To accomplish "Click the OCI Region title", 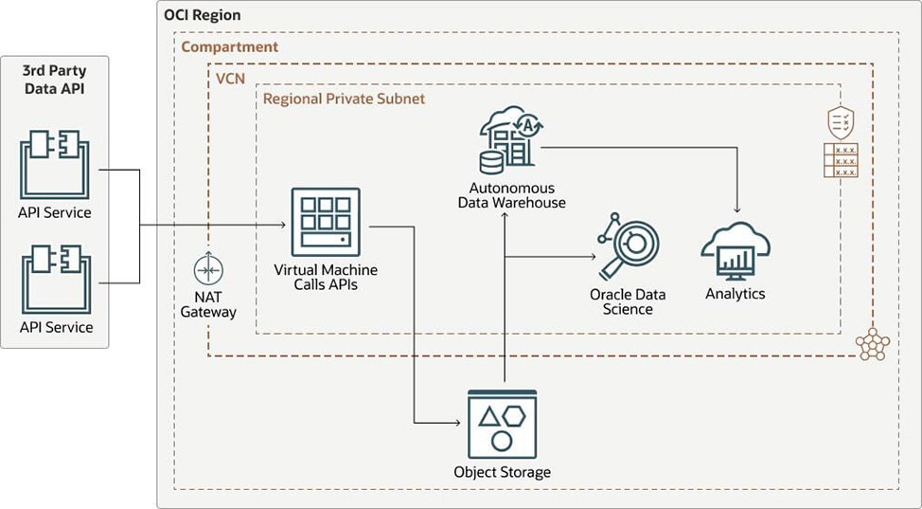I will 202,15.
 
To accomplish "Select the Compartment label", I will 230,46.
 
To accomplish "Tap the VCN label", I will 231,78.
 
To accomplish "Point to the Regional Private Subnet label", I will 344,99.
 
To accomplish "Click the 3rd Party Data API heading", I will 55,78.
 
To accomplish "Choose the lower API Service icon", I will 55,281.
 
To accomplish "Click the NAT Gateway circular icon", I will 208,270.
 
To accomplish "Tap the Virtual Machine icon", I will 326,222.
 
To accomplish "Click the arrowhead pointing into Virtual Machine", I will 283,226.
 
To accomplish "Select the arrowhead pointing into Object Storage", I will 461,422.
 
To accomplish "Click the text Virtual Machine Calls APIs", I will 326,277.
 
